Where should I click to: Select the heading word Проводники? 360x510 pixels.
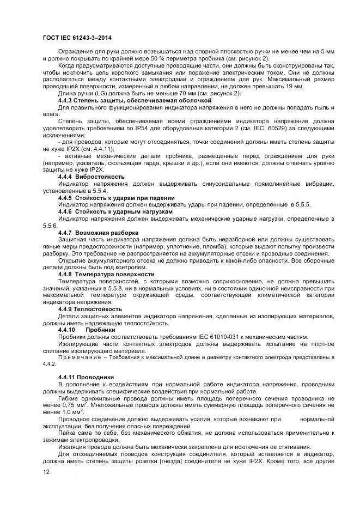click(96, 377)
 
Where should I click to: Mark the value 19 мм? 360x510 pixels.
click(295, 87)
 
